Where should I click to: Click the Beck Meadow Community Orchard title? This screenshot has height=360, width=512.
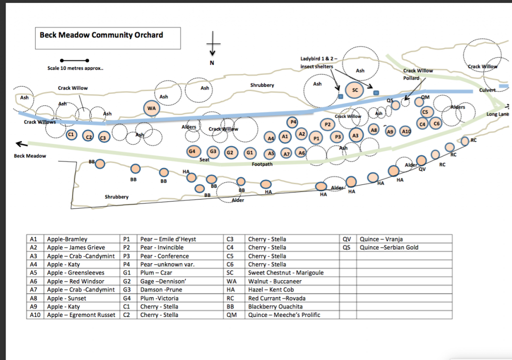point(101,35)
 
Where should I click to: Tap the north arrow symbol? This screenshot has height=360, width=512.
point(212,44)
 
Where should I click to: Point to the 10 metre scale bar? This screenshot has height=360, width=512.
point(74,60)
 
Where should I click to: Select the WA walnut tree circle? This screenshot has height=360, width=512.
point(151,108)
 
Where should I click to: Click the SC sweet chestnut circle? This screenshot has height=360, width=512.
point(355,90)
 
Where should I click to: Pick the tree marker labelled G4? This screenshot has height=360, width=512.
point(192,151)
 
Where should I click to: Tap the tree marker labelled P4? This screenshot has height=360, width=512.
point(293,122)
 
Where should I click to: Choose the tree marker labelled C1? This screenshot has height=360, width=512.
point(71,134)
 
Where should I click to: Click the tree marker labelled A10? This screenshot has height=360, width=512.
point(405,131)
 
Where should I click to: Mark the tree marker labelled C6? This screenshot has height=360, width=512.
point(436,123)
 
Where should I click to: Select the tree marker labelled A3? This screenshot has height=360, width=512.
point(355,135)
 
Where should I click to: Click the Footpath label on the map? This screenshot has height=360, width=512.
point(262,164)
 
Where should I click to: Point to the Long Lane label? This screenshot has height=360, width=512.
point(497,114)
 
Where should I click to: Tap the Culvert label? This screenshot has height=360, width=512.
point(487,90)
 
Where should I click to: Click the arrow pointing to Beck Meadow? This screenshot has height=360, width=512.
point(22,143)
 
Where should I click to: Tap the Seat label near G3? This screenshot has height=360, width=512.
point(204,159)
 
